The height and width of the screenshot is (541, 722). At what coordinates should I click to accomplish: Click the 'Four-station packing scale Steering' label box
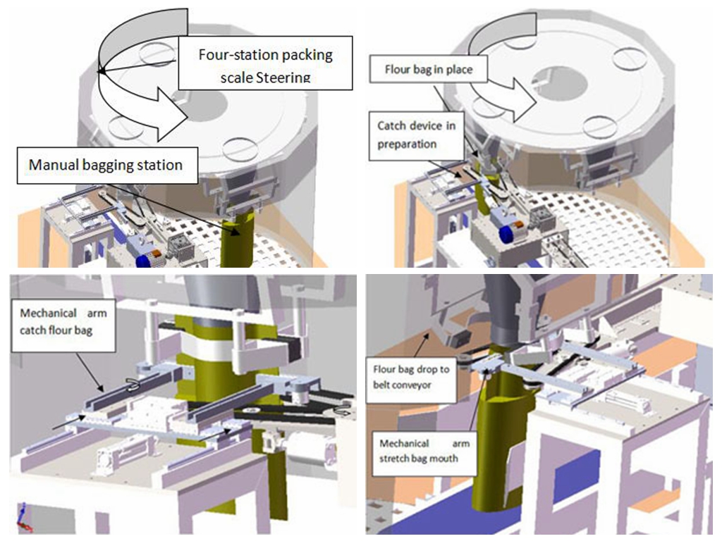pos(265,63)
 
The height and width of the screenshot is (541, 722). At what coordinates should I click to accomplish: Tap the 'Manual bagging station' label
pos(107,166)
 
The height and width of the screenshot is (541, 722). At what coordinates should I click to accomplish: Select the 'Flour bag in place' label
pos(428,70)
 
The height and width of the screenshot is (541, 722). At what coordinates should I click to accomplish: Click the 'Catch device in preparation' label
pos(416,135)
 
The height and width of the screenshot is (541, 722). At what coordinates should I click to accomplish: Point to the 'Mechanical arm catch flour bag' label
pos(63,322)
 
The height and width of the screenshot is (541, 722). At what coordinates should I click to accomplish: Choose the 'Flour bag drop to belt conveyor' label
pos(411,378)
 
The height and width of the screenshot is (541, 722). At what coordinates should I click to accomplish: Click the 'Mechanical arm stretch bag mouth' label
pos(424,452)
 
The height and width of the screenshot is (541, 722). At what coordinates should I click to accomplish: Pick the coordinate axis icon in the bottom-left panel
pos(23,518)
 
